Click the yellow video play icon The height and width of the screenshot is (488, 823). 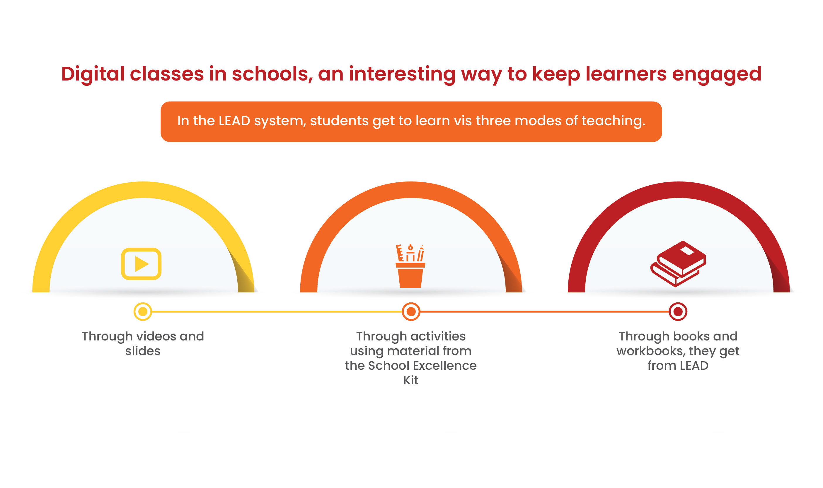pyautogui.click(x=141, y=264)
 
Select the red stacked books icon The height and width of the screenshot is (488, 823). pyautogui.click(x=678, y=264)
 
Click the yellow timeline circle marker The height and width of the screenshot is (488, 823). pyautogui.click(x=143, y=311)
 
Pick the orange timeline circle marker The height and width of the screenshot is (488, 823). pyautogui.click(x=411, y=311)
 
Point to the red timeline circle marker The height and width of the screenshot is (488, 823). pyautogui.click(x=678, y=311)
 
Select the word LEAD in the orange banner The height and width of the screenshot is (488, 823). pyautogui.click(x=234, y=121)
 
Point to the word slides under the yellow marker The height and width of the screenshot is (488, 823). pyautogui.click(x=143, y=351)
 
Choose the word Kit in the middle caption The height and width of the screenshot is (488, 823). pyautogui.click(x=411, y=380)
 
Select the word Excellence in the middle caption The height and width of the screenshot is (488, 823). pyautogui.click(x=444, y=366)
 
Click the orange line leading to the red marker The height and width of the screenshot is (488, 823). pyautogui.click(x=544, y=311)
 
